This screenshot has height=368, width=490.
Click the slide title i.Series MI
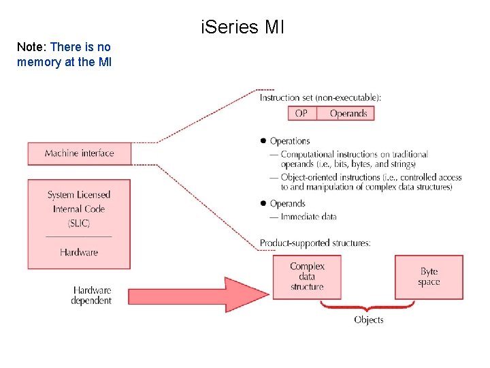click(x=243, y=28)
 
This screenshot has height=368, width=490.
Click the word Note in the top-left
click(x=29, y=47)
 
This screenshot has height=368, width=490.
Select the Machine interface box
click(x=79, y=153)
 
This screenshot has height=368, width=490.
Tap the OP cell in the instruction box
click(x=301, y=113)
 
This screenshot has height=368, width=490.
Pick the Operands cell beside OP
click(x=348, y=113)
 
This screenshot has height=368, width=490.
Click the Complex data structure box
click(x=307, y=277)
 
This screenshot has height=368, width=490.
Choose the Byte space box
click(x=429, y=277)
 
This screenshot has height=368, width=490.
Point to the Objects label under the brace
click(x=368, y=320)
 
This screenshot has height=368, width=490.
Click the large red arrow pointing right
click(x=197, y=294)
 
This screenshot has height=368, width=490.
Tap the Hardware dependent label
click(x=91, y=295)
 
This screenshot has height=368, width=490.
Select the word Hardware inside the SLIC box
click(x=78, y=252)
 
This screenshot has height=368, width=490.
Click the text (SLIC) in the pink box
click(x=78, y=223)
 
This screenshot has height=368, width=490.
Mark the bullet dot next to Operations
click(x=262, y=141)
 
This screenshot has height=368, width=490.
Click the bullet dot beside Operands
click(x=262, y=203)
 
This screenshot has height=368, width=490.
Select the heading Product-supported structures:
click(x=315, y=243)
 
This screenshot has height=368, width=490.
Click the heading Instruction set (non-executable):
click(x=321, y=97)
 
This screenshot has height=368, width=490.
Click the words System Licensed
click(x=78, y=195)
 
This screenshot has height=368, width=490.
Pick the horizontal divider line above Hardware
click(x=78, y=236)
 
